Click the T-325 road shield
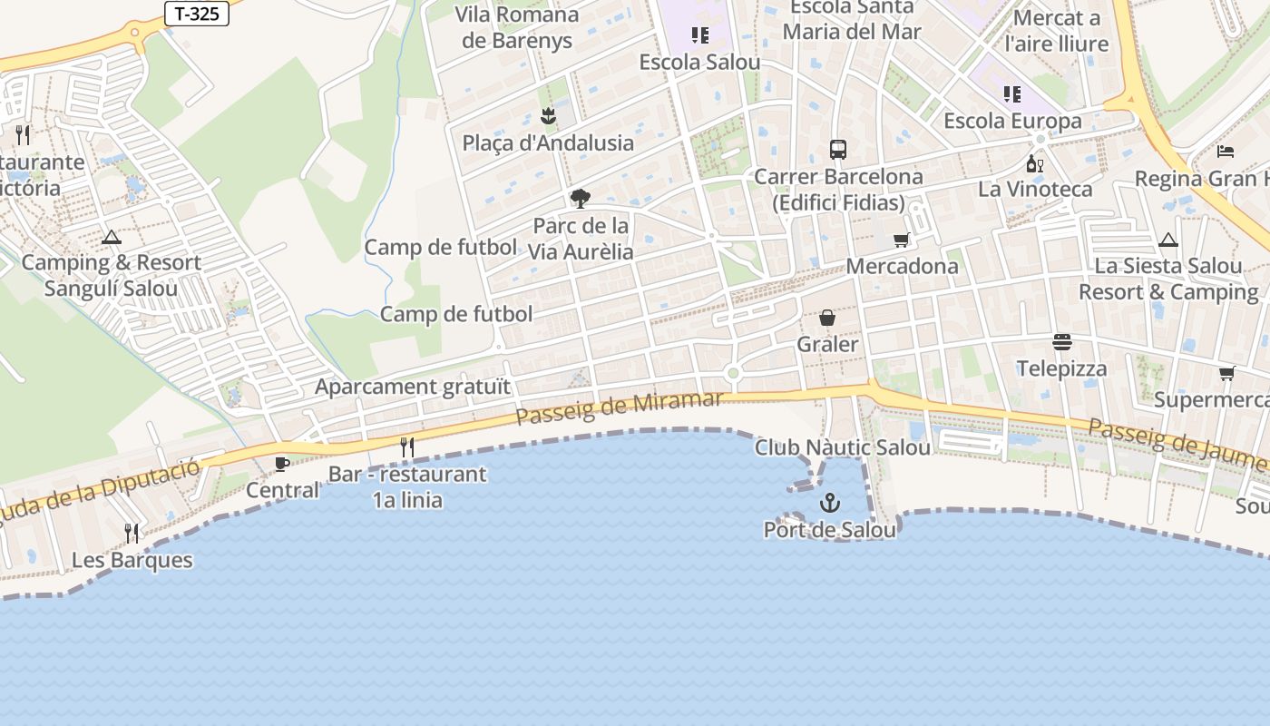(196, 14)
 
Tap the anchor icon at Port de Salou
(829, 502)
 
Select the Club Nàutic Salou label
(843, 447)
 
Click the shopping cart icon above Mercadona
(901, 240)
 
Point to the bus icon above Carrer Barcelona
(838, 150)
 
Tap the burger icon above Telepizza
(1061, 342)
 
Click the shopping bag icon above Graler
(827, 318)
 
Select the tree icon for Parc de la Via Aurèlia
(580, 199)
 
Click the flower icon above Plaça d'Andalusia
(548, 116)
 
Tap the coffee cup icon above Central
(282, 464)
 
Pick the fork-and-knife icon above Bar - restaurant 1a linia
(407, 446)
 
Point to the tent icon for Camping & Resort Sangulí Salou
(112, 238)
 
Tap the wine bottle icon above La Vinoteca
(1034, 163)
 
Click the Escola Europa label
(1012, 121)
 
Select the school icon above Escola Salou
(699, 35)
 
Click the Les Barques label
(132, 560)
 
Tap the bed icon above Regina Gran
(1226, 151)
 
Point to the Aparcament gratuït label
(413, 387)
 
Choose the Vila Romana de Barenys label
(517, 27)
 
